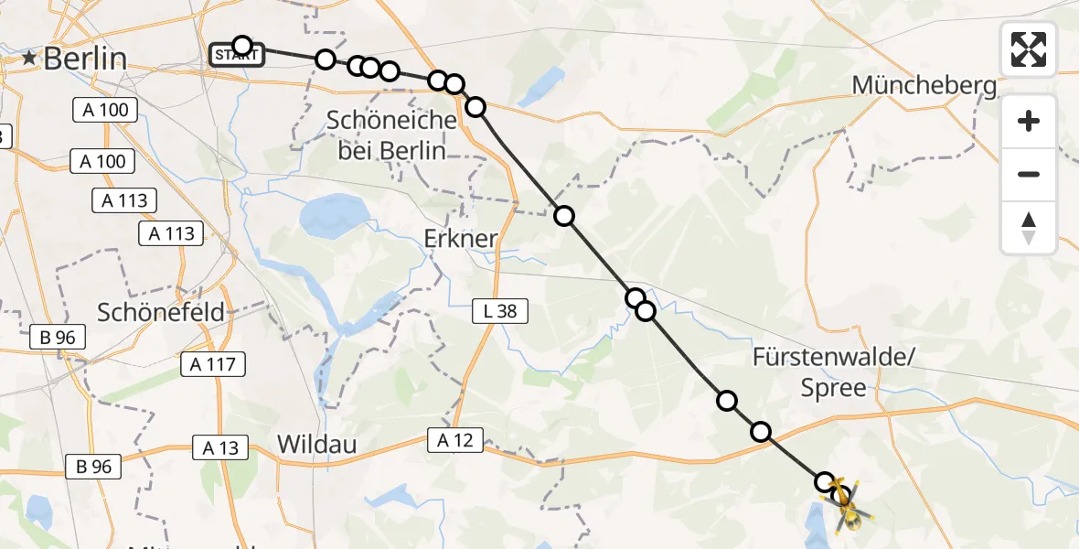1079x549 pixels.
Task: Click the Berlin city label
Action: pos(84,59)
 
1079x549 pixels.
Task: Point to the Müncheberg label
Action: pos(924,86)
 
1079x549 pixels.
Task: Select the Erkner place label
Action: pos(461,239)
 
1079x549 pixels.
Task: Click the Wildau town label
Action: pos(316,445)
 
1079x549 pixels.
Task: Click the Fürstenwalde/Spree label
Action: pos(833,372)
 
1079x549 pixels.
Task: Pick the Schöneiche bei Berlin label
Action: pos(391,135)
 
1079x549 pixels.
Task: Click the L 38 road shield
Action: pos(500,311)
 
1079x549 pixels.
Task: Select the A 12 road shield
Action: pos(454,441)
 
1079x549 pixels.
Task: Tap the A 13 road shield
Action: pos(219,447)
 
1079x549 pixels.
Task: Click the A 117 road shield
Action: pos(213,365)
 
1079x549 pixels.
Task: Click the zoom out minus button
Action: pos(1029,174)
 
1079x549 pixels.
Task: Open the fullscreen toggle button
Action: pos(1029,49)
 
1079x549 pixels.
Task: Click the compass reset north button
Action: pos(1029,228)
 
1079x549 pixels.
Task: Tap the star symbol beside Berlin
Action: pos(31,59)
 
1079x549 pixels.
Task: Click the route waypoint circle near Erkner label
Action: pos(564,216)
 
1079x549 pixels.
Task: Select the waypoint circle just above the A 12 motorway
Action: pos(761,432)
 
